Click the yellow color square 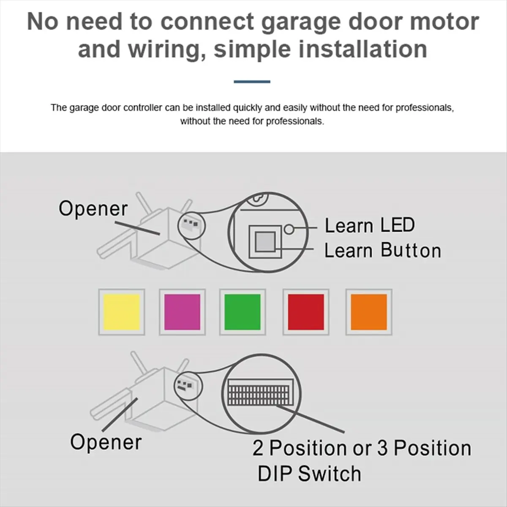coord(122,312)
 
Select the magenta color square coord(182,312)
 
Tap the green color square coord(243,312)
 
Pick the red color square coord(305,312)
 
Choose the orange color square coord(368,312)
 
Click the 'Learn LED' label coord(369,225)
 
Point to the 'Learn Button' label coord(382,250)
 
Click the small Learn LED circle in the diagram coord(289,229)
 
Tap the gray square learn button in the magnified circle coord(265,242)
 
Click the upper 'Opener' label coord(93,209)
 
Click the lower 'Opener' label coord(106,442)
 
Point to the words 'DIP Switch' coord(309,473)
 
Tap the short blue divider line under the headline coord(252,82)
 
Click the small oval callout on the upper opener coord(191,224)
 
